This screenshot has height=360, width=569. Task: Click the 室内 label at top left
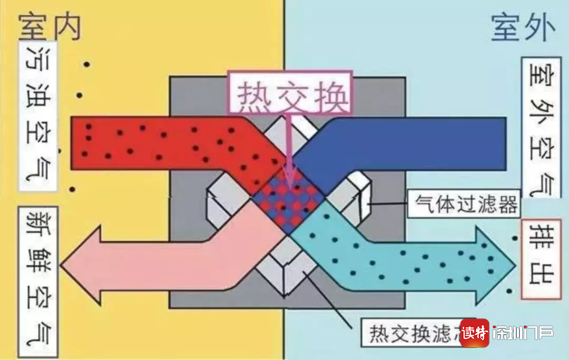coord(50,27)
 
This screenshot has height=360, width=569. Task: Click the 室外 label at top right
coord(523,27)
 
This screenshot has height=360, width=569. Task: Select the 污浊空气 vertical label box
coord(38,116)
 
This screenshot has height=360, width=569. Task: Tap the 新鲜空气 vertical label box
coord(38,281)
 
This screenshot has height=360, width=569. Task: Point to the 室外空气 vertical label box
coord(541,127)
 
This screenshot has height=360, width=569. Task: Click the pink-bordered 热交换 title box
coord(291,93)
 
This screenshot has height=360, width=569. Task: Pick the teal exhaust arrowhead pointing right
coord(496,265)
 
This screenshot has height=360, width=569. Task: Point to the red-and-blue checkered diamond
coord(289,202)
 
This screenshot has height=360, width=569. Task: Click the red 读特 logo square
coord(475,333)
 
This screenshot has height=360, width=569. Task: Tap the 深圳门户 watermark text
coord(523,333)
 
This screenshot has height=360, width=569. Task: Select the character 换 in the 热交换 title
coord(331,95)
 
